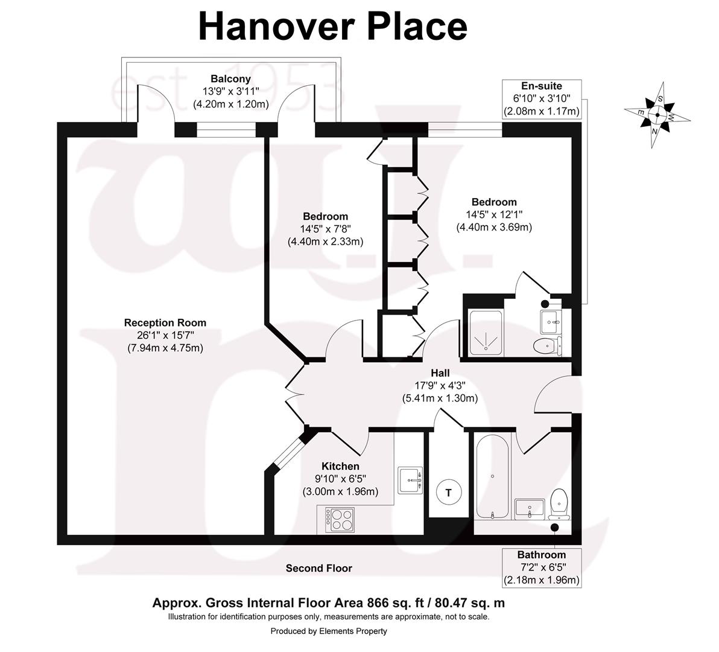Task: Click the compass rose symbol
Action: tap(656, 114)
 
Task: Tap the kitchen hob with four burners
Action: tap(340, 519)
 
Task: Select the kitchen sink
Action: tap(411, 480)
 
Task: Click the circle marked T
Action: tap(448, 492)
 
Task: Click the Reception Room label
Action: tap(165, 323)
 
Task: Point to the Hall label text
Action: tap(440, 374)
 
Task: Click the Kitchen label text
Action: tap(340, 466)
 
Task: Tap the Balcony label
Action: tap(230, 78)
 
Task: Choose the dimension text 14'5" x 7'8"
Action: tap(325, 229)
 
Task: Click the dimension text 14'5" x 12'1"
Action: tap(494, 214)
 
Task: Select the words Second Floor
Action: tap(318, 568)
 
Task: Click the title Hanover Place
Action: tap(332, 27)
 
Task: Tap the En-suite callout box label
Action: tap(541, 86)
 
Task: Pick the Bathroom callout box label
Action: tap(542, 555)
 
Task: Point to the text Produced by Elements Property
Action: tap(329, 631)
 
